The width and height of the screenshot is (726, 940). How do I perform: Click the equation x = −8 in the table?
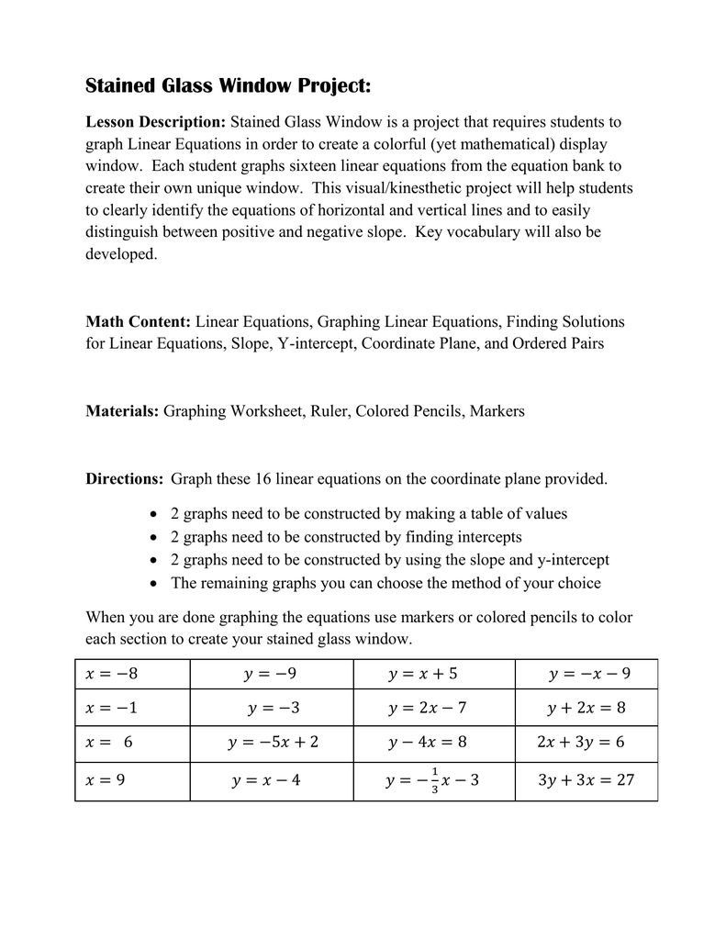[x=111, y=675]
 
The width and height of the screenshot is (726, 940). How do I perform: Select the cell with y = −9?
[x=271, y=675]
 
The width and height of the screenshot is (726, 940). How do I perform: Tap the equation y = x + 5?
[x=422, y=675]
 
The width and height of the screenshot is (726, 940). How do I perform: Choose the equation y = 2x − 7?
[x=428, y=709]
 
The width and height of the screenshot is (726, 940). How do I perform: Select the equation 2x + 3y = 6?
[x=580, y=742]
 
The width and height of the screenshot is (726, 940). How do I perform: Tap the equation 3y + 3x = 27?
[x=586, y=781]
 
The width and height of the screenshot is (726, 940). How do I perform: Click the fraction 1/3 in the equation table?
[x=434, y=780]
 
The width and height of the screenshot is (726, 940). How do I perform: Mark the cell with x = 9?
[x=105, y=781]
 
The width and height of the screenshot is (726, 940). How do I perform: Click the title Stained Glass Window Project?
[x=228, y=86]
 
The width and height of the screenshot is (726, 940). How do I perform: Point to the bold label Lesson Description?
[x=155, y=122]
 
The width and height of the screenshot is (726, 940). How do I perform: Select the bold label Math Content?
[x=138, y=322]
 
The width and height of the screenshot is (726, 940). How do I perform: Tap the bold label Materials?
[x=122, y=411]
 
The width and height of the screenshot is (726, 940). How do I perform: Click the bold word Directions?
[x=124, y=478]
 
